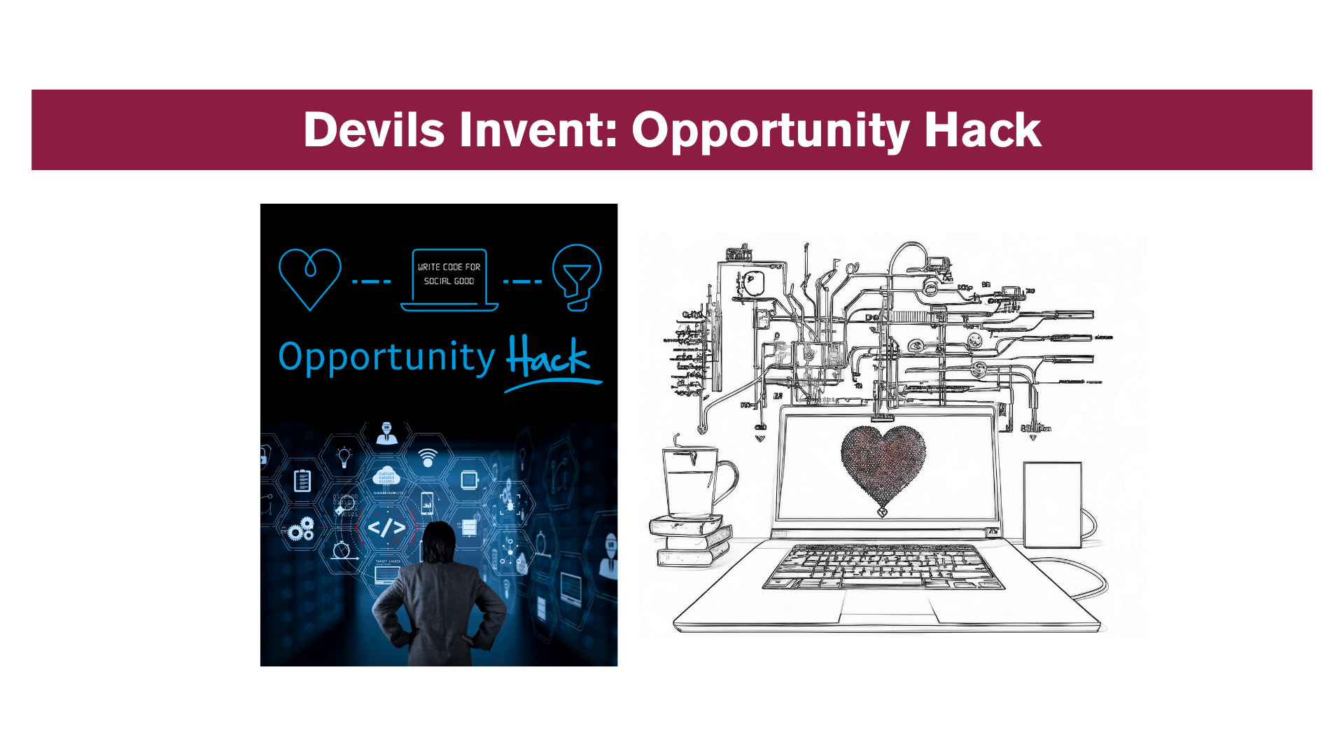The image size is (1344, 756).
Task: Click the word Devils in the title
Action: tap(374, 130)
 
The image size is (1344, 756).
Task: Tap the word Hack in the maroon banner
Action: tap(982, 130)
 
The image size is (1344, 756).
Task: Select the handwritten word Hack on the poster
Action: tap(548, 358)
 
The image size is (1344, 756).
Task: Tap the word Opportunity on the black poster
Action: tap(386, 358)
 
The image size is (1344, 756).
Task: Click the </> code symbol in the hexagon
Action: tap(386, 528)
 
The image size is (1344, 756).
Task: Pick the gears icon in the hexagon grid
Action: tap(302, 529)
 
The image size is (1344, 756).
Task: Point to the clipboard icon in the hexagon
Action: tap(302, 481)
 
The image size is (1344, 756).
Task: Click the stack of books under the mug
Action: tap(692, 540)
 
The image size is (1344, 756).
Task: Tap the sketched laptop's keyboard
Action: tap(883, 566)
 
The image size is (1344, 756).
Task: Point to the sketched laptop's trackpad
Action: tap(887, 606)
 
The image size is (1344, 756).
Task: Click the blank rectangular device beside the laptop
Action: tap(1052, 504)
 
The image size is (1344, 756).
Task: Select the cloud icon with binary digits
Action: tap(386, 477)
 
